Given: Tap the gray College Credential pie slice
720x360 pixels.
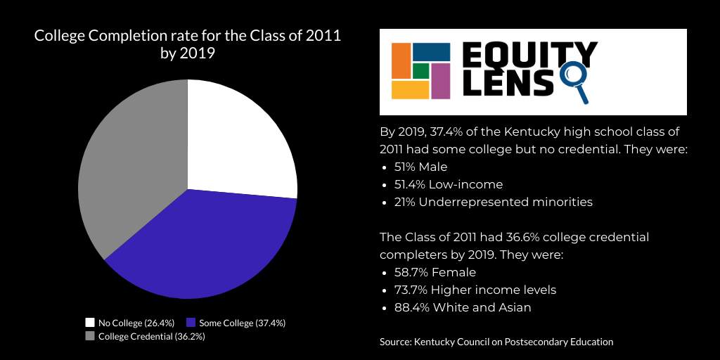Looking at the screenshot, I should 134,176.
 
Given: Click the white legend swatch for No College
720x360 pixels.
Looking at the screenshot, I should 90,323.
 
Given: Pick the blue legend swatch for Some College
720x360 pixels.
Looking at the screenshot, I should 191,323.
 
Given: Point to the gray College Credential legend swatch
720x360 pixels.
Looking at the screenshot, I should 90,336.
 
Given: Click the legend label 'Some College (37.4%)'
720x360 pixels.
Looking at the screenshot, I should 243,323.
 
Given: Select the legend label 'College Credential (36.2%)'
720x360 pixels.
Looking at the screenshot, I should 151,336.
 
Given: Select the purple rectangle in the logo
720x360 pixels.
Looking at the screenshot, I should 440,81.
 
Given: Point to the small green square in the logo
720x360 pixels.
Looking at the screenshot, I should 420,71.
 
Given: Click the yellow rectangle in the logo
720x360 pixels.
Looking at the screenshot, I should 410,90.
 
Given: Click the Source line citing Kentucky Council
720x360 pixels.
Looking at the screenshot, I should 496,342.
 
